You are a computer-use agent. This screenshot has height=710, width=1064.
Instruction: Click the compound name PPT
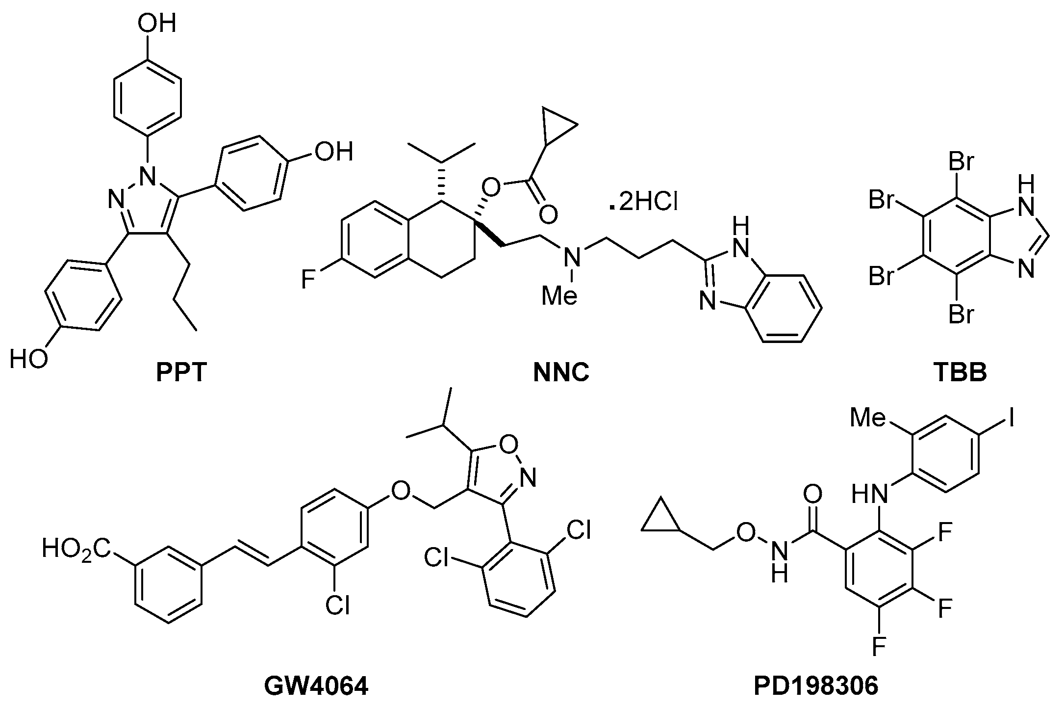[181, 373]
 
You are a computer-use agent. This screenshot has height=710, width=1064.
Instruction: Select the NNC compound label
[561, 373]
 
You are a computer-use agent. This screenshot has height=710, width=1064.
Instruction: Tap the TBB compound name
[960, 373]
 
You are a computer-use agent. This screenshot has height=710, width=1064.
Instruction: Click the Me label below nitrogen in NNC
[559, 296]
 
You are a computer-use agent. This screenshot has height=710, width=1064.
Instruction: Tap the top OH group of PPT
[156, 23]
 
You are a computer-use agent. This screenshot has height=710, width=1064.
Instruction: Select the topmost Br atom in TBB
[961, 162]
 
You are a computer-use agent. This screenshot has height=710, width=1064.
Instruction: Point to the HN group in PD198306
[869, 494]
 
